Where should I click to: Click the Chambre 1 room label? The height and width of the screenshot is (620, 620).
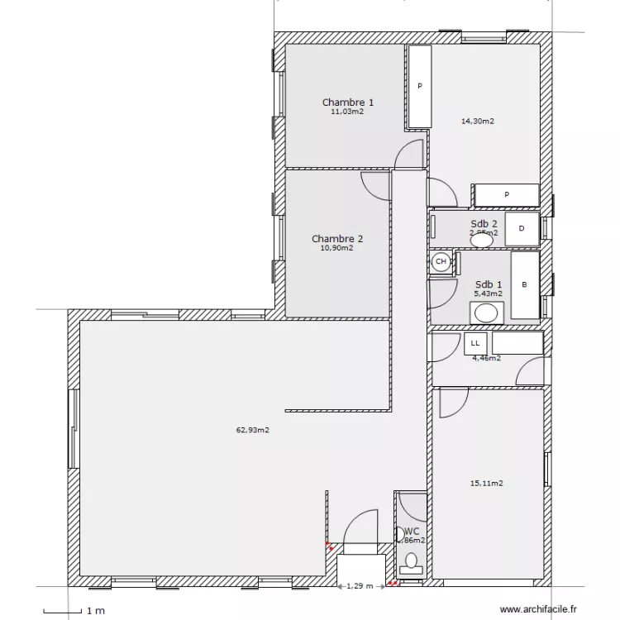tap(347, 103)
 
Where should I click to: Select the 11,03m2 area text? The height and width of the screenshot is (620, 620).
tap(347, 112)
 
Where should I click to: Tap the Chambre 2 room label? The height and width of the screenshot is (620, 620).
tap(337, 239)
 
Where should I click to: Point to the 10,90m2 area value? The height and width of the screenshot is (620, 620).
tap(337, 248)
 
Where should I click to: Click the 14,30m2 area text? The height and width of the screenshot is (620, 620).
tap(477, 122)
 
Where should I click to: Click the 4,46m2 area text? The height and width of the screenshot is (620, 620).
tap(486, 359)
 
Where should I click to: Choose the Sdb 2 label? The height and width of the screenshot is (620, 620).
tap(484, 224)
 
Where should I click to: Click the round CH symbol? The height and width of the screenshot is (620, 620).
tap(441, 262)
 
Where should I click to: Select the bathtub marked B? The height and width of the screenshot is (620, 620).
tap(524, 285)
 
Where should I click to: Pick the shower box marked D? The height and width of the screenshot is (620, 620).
tap(522, 228)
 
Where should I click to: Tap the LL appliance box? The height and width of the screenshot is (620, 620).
tap(475, 342)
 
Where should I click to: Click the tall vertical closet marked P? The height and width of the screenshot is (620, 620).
tap(419, 87)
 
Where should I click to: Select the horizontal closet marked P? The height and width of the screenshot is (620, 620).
tap(506, 195)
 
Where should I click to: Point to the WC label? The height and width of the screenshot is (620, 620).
tap(412, 532)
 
